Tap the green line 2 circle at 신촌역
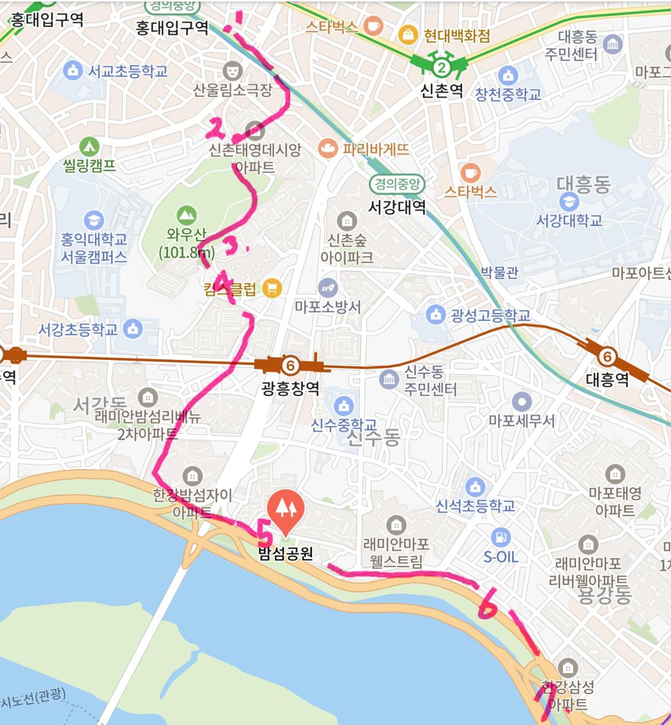point(440,68)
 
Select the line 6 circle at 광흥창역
point(290,365)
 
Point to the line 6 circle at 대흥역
point(606,357)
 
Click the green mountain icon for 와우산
point(185,215)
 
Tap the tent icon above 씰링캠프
point(89,146)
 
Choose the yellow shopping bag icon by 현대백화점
point(408,34)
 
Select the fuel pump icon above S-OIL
point(500,537)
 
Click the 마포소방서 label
point(327,307)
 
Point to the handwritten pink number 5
point(264,534)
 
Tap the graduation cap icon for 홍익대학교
point(93,220)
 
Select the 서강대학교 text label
point(569,220)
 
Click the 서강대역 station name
point(397,207)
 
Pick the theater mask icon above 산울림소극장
point(232,71)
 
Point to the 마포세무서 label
point(521,421)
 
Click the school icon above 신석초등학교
point(475,487)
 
